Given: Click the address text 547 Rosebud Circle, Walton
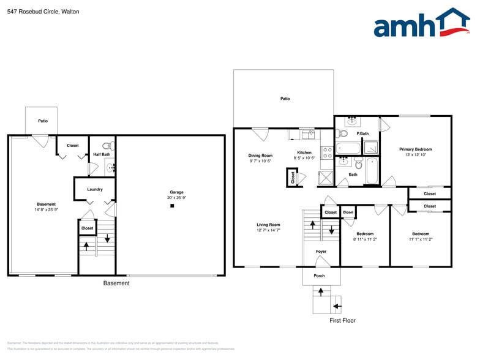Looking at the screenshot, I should [x=43, y=12].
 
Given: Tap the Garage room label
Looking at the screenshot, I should [x=176, y=192].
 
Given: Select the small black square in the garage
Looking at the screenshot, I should [x=173, y=206].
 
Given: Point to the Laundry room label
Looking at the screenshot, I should [x=95, y=189].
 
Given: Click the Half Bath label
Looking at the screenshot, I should [x=102, y=154].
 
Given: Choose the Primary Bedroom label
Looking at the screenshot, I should [x=416, y=149].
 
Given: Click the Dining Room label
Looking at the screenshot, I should [x=260, y=156].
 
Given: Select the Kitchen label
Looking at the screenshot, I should [x=304, y=152].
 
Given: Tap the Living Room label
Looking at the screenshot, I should [x=268, y=225].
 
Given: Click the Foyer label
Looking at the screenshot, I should [x=321, y=252].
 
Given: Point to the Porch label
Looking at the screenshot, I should [x=319, y=276].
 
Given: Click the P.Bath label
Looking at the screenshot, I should [x=363, y=133].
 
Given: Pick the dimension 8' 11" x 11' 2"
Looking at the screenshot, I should [x=365, y=239].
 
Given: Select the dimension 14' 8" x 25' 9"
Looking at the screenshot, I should [x=46, y=210].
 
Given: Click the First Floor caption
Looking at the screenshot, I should [x=342, y=320].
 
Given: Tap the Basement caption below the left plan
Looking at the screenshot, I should [x=116, y=283].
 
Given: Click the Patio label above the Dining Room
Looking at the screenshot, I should [x=285, y=99].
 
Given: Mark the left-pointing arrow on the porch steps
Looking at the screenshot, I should [x=336, y=304].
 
